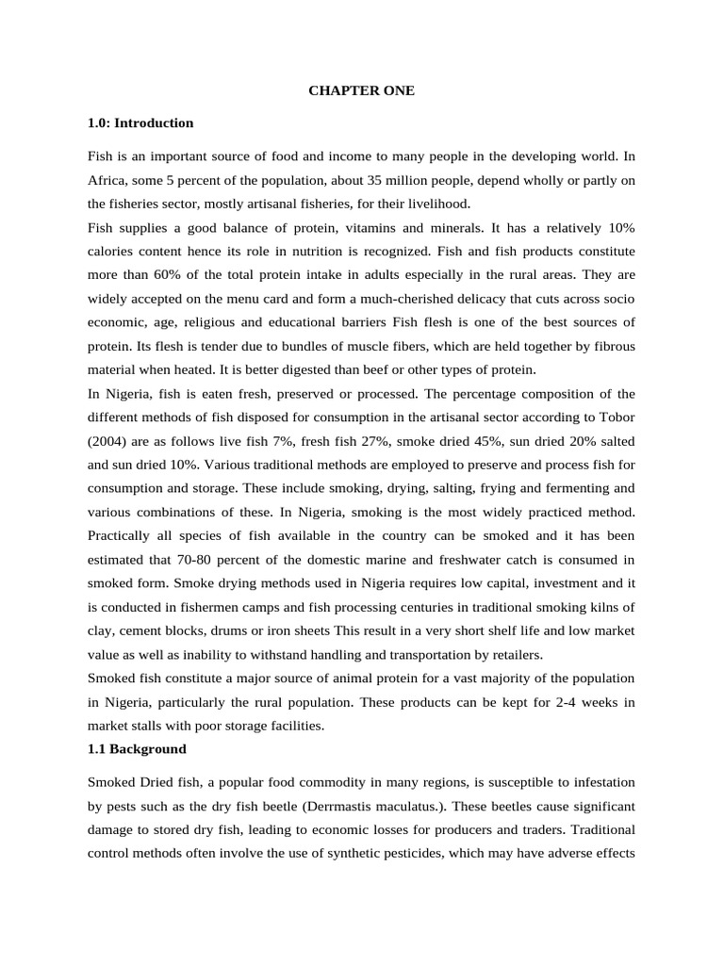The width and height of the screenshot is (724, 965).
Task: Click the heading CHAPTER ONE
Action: (361, 90)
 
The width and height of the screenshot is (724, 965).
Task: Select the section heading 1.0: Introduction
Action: (140, 123)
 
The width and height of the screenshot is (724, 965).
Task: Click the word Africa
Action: (107, 179)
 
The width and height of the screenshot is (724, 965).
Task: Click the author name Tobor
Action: (617, 417)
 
